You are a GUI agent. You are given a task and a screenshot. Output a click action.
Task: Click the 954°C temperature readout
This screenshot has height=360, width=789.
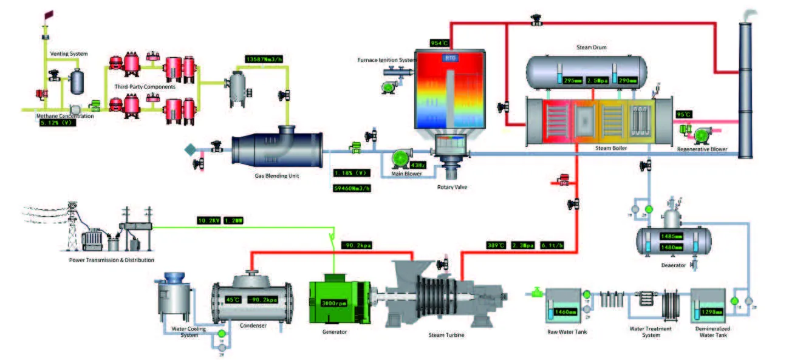pyautogui.click(x=439, y=43)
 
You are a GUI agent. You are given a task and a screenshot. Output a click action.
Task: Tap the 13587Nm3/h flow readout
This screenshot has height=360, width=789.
pyautogui.click(x=265, y=59)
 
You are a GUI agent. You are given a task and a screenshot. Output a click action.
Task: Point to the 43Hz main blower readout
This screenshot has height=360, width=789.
pyautogui.click(x=418, y=165)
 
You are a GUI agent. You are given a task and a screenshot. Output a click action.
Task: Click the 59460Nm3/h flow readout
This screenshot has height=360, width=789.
pyautogui.click(x=352, y=188)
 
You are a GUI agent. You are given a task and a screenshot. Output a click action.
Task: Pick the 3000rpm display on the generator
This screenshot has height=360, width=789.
pyautogui.click(x=333, y=303)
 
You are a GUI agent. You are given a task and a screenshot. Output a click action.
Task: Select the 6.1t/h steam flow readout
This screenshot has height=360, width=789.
pyautogui.click(x=552, y=245)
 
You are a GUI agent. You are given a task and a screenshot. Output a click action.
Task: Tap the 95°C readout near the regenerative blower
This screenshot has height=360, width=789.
pyautogui.click(x=683, y=114)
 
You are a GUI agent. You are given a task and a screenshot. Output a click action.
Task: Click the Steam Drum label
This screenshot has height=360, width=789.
pyautogui.click(x=591, y=47)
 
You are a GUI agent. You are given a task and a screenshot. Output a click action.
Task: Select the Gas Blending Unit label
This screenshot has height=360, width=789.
pyautogui.click(x=277, y=176)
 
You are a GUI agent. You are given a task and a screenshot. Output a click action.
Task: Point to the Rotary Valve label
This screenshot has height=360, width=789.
pyautogui.click(x=452, y=187)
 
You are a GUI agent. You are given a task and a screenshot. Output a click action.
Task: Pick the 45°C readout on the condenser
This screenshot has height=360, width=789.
pyautogui.click(x=233, y=299)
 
